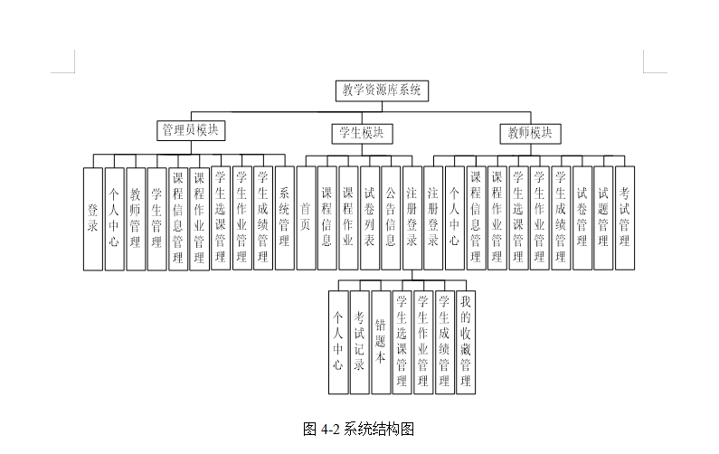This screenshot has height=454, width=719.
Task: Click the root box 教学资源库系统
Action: coord(381,90)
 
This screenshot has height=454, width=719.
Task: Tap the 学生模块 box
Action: coord(361,133)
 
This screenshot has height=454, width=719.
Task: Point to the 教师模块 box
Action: coord(530,133)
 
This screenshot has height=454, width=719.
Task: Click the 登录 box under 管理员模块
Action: coord(92,218)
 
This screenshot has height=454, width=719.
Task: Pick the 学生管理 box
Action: coord(156,218)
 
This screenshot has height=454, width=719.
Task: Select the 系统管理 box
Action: coord(284,218)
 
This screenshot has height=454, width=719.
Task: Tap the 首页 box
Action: coord(306,218)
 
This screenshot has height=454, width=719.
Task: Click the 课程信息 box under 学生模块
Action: coord(326,218)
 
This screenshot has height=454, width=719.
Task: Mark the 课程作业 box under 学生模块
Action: coord(348,218)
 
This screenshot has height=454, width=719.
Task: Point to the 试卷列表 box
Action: coord(369,218)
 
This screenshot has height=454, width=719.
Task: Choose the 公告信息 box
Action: coord(391,218)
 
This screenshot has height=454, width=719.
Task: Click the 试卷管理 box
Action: coord(582,218)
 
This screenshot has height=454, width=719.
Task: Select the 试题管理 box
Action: coord(603,218)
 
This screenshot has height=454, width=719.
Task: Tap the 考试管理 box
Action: coord(625,218)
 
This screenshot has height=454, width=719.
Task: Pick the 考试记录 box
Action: coord(359,341)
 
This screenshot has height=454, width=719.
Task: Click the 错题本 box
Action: coord(381,341)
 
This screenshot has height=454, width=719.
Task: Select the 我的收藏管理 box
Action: coord(466,341)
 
